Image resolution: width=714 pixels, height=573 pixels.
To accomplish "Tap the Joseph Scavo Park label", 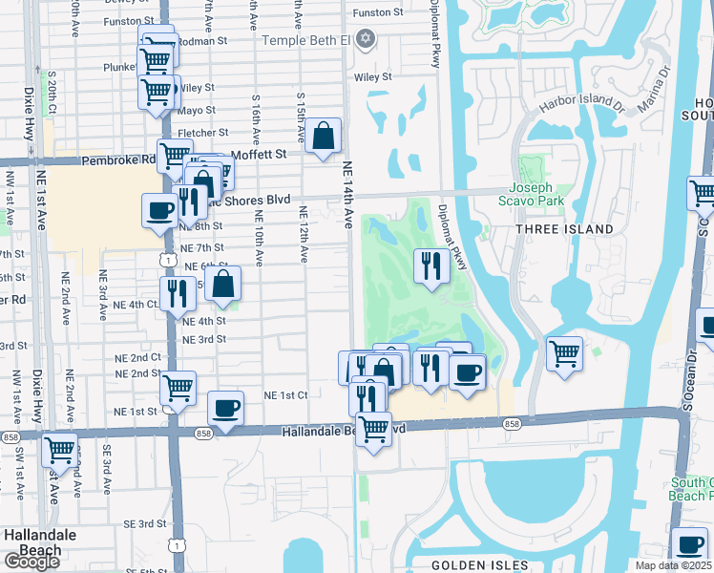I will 532,194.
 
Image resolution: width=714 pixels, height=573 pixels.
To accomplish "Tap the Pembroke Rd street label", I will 117,160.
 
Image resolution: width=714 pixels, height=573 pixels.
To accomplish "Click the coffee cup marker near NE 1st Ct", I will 225,409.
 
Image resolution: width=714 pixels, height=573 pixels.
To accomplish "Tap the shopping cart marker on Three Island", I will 564,352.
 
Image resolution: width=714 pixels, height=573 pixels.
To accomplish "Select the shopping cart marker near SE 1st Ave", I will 60,448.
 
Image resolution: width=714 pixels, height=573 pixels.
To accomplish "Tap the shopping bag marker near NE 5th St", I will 222,283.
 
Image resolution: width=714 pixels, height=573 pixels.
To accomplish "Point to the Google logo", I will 31,562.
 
